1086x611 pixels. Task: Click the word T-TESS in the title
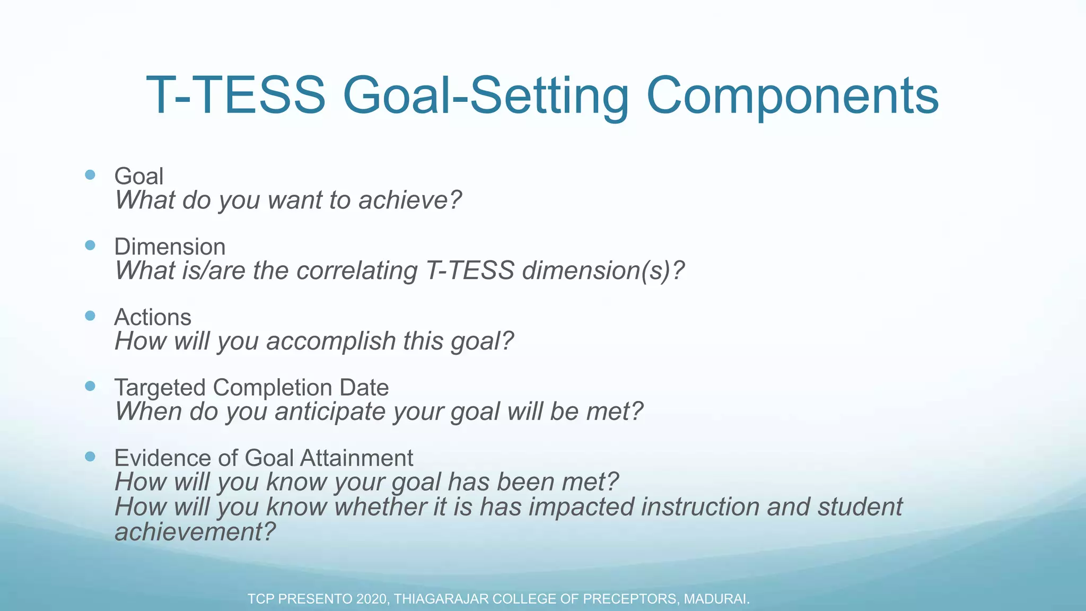click(235, 95)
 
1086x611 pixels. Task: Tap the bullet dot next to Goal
click(90, 174)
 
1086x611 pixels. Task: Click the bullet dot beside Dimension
click(90, 245)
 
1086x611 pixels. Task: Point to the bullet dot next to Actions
click(90, 316)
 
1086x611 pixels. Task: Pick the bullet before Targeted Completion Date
click(90, 386)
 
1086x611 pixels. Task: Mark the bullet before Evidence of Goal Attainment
click(90, 457)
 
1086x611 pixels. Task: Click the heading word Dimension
click(170, 247)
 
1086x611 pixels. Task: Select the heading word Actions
click(153, 317)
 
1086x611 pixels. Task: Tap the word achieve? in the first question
click(410, 200)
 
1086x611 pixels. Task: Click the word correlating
click(357, 270)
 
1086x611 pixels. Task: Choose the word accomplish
click(331, 341)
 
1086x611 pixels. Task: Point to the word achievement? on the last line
click(195, 531)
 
